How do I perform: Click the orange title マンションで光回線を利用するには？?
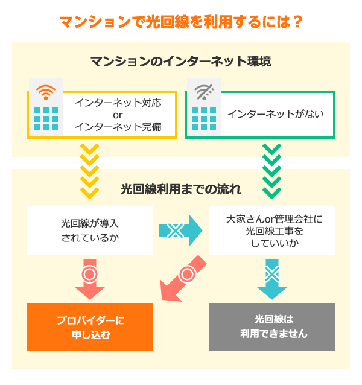pyautogui.click(x=181, y=22)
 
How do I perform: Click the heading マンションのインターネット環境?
pyautogui.click(x=180, y=62)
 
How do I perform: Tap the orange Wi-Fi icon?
pyautogui.click(x=46, y=92)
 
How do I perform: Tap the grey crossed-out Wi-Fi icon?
pyautogui.click(x=203, y=92)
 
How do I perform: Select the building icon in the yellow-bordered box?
pyautogui.click(x=46, y=119)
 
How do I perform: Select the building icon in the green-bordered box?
pyautogui.click(x=203, y=119)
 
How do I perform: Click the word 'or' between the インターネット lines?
pyautogui.click(x=118, y=115)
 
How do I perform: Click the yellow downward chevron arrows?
pyautogui.click(x=89, y=172)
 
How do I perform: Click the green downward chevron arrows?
pyautogui.click(x=271, y=172)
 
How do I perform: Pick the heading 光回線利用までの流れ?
pyautogui.click(x=181, y=189)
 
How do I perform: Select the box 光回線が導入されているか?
pyautogui.click(x=90, y=230)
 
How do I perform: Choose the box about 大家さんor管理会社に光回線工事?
pyautogui.click(x=271, y=230)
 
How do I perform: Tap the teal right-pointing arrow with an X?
pyautogui.click(x=180, y=230)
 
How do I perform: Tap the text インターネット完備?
pyautogui.click(x=118, y=127)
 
